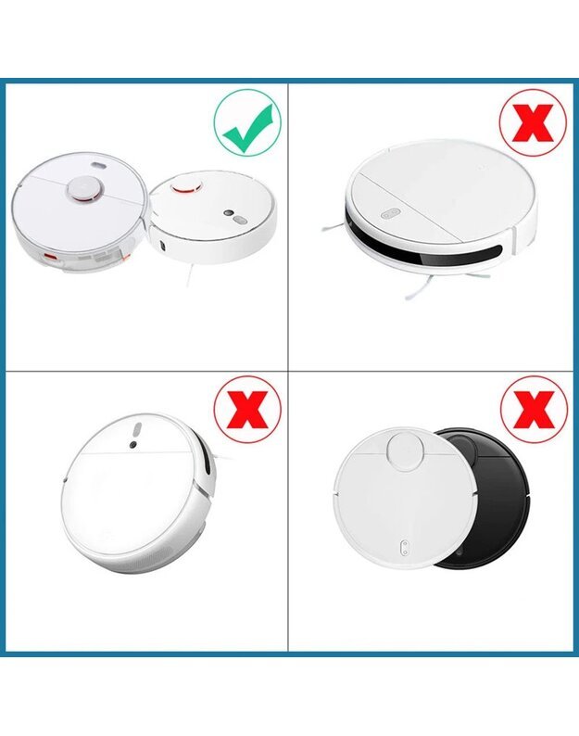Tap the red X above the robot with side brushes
coord(532,122)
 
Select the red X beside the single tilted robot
coord(247,409)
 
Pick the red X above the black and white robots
coord(533,408)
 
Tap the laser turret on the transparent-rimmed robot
coord(82,188)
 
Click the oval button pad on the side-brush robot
coord(386,214)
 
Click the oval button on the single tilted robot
coord(135,430)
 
